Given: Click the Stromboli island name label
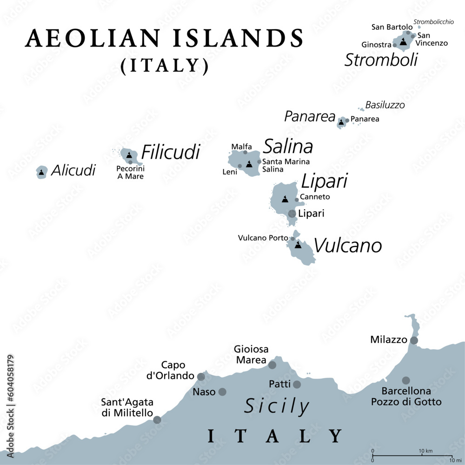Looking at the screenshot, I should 381,60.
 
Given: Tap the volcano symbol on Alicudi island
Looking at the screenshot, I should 42,173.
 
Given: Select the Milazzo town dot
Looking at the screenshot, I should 414,340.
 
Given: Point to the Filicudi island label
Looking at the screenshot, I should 171,152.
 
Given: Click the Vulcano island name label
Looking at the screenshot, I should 348,246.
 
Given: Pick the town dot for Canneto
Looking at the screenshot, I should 297,200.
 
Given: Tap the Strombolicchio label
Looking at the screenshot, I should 433,21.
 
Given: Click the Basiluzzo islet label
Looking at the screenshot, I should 385,105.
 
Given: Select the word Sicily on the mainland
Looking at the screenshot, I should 277,406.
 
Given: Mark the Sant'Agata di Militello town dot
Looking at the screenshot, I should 157,419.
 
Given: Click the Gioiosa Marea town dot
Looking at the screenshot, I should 272,365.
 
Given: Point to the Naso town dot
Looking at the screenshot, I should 222,392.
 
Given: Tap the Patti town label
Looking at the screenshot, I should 279,384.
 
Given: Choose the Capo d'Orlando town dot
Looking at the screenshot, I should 201,377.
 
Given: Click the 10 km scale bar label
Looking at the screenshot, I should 426,452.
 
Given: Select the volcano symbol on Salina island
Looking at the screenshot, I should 250,164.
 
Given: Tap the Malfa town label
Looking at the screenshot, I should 242,147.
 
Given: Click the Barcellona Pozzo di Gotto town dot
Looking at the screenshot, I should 406,380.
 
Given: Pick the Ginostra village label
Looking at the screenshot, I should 376,45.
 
